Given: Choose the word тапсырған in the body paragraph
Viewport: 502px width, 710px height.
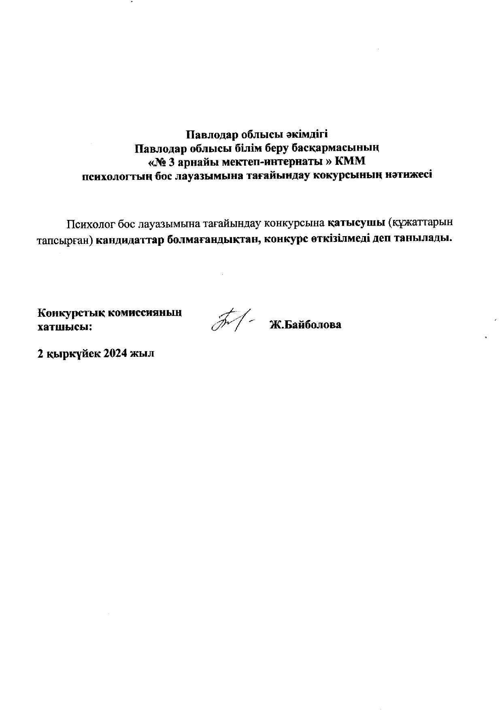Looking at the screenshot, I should [x=65, y=239].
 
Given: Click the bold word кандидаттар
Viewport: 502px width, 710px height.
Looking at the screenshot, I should [x=131, y=239].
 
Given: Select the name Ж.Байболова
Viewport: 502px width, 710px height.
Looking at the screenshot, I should [x=305, y=325].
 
